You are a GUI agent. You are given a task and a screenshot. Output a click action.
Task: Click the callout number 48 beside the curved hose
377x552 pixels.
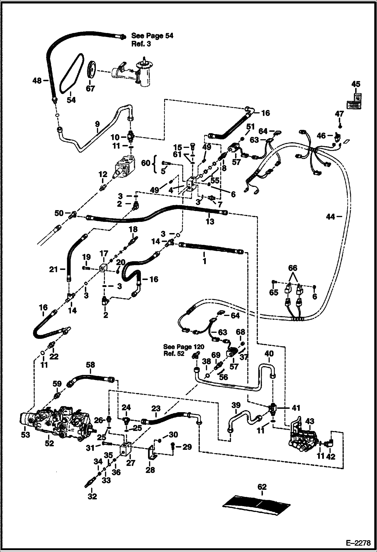(37, 81)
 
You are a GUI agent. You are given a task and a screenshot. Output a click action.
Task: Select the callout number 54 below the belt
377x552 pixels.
(71, 100)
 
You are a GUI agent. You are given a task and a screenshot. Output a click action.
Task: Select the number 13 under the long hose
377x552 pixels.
(210, 221)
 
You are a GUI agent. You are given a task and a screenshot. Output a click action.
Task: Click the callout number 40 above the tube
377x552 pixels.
(269, 353)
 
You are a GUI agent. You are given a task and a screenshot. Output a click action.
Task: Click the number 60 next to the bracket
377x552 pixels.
(146, 163)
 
